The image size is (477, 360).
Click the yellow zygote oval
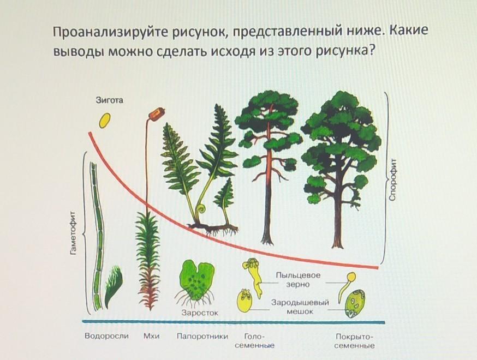pos(105,121)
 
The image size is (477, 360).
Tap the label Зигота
pos(110,100)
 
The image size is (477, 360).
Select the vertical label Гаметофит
pos(73,232)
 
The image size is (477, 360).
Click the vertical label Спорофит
pos(393,179)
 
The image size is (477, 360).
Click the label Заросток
pos(200,313)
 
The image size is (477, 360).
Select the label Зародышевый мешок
pos(300,307)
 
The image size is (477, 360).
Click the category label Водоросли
pos(106,336)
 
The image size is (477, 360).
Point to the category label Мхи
pos(152,337)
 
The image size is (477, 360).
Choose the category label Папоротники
pos(202,337)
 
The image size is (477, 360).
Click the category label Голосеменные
pos(255,341)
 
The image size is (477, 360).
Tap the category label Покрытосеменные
pos(354,341)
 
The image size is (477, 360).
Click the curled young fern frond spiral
pos(201,209)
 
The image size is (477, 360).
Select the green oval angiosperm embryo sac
pos(355,304)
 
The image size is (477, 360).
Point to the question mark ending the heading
pos(370,51)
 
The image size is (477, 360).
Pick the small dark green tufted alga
pos(113,286)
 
